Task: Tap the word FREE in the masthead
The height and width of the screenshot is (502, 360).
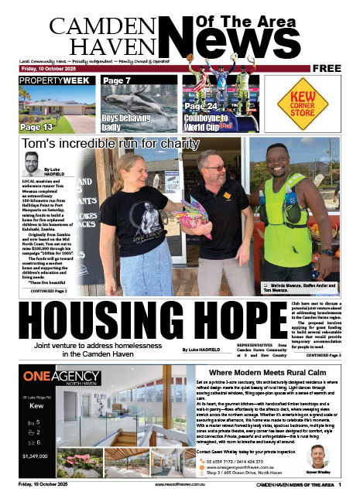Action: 327,69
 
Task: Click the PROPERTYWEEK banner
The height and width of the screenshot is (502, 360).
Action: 50,80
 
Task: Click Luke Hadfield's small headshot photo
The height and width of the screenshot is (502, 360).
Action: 31,164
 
